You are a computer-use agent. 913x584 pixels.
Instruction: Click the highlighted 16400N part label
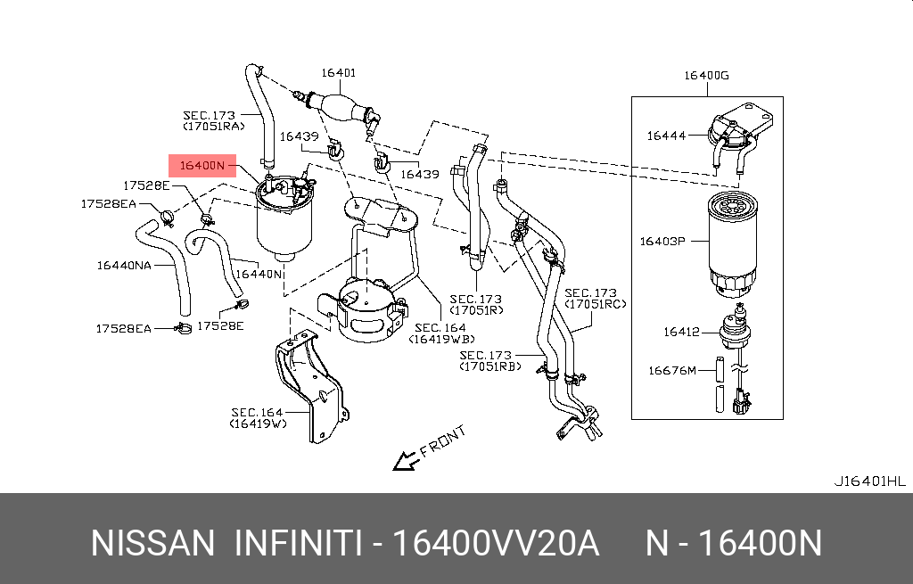202,166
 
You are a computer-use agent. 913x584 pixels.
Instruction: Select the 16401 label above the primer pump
339,73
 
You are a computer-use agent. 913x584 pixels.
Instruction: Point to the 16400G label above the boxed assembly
706,76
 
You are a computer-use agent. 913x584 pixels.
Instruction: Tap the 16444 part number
666,136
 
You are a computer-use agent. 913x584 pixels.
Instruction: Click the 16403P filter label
662,241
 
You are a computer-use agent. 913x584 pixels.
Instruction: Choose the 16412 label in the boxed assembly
680,332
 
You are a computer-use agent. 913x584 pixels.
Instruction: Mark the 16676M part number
671,369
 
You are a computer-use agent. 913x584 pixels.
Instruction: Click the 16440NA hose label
124,265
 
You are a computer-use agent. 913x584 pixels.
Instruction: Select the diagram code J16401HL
871,481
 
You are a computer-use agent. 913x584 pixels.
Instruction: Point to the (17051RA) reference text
213,127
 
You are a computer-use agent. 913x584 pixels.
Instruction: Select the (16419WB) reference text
441,339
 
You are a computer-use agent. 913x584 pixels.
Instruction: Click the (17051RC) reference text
596,304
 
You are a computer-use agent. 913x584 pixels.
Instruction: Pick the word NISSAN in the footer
152,542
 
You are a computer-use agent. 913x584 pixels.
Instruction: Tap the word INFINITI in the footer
296,542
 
